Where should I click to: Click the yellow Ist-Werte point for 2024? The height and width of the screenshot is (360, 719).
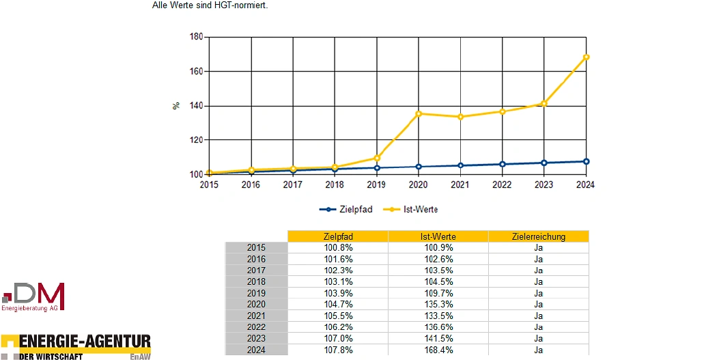(x=586, y=57)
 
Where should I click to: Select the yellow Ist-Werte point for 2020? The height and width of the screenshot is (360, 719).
(x=419, y=113)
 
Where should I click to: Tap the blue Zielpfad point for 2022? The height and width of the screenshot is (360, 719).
(x=503, y=164)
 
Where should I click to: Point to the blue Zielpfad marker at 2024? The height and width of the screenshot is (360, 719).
(x=586, y=161)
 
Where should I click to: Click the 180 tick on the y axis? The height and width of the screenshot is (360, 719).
(x=197, y=37)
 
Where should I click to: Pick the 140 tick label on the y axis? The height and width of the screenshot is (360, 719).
(x=197, y=106)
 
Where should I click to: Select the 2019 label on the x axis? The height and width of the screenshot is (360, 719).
(x=376, y=184)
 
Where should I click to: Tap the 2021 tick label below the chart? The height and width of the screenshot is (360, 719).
(x=460, y=184)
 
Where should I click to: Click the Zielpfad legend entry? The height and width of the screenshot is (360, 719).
(x=346, y=210)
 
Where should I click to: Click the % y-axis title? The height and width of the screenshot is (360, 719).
(x=176, y=106)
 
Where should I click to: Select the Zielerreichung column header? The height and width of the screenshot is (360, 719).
(x=538, y=236)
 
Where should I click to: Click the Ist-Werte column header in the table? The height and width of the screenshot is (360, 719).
(x=438, y=236)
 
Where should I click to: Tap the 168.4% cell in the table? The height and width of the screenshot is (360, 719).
(x=438, y=350)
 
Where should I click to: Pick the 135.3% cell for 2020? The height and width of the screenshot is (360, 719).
(x=438, y=305)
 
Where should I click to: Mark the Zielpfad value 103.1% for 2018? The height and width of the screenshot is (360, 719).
(x=338, y=281)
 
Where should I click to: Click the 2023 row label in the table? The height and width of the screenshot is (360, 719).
(x=256, y=339)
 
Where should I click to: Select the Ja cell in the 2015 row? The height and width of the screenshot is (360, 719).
(x=538, y=248)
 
